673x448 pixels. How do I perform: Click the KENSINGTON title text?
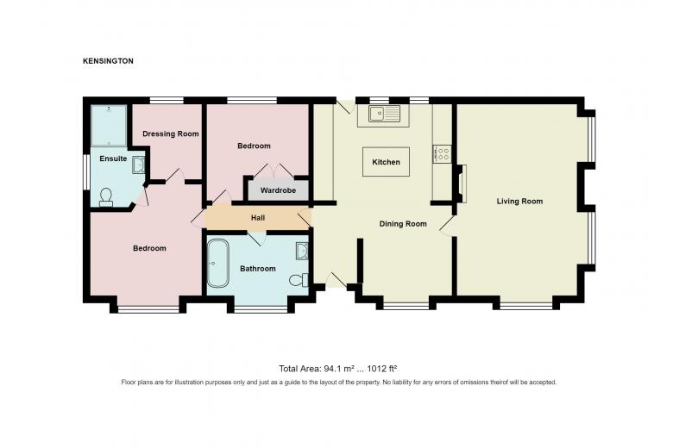pos(108,61)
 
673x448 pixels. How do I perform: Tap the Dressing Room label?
pos(170,134)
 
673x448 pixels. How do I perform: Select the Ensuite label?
pos(113,159)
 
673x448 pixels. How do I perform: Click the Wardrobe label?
pos(278,190)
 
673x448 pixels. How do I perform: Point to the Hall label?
pos(258,218)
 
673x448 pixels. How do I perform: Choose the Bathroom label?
pos(257,269)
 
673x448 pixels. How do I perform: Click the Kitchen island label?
pos(386,162)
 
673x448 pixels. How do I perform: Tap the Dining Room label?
pos(403,224)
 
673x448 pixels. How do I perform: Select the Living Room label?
pos(519,201)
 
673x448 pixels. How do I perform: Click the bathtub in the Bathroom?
pos(218,264)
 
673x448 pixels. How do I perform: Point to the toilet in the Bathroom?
pos(299,280)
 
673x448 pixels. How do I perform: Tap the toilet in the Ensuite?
pos(106,197)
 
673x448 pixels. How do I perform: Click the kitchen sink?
pos(383,114)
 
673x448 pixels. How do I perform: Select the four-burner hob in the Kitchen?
pos(442,154)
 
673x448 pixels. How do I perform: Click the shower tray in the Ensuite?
pos(109,125)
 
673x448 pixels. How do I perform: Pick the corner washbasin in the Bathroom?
pos(302,252)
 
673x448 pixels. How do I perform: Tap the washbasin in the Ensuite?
pos(138,165)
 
